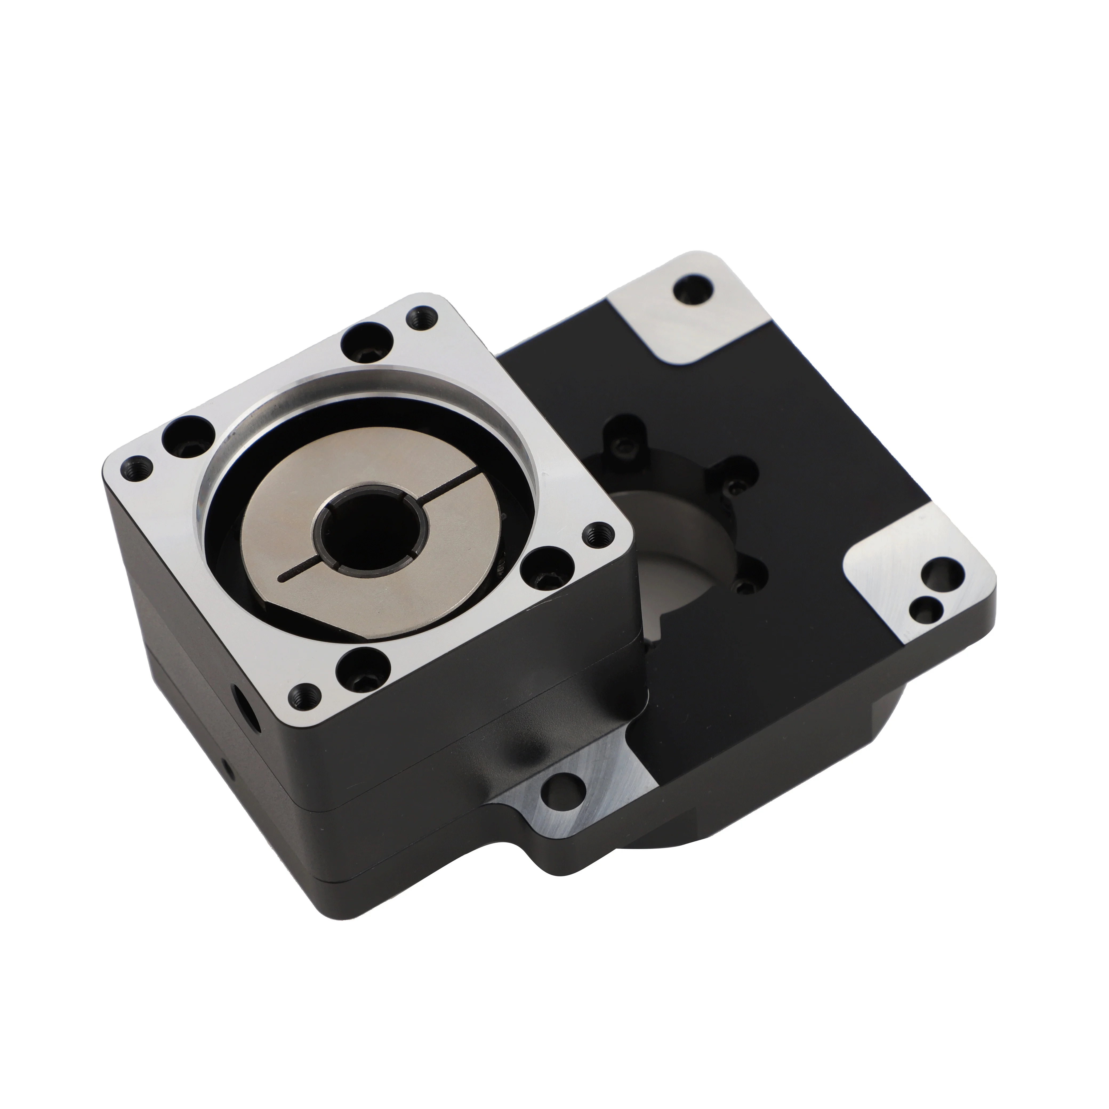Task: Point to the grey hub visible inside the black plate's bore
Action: pyautogui.click(x=689, y=551)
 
